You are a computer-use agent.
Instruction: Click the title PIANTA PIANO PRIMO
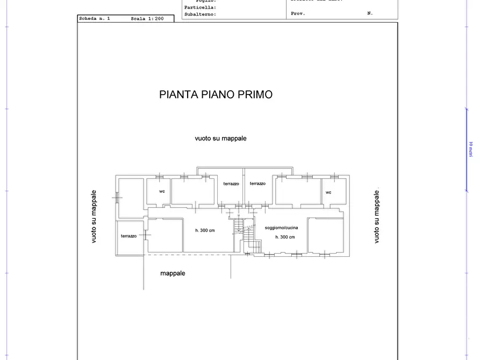(216, 95)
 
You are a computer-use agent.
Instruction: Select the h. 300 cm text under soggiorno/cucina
(285, 237)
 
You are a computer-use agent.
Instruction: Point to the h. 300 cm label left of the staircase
(205, 231)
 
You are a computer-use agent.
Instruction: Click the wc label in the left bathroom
(161, 192)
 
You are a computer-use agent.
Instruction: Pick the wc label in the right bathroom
(328, 192)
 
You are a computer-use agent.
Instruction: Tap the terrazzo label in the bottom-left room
(128, 236)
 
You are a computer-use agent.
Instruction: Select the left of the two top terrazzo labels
(231, 184)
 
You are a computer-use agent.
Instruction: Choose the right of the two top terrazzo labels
(257, 184)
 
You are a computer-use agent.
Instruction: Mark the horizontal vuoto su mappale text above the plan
(220, 138)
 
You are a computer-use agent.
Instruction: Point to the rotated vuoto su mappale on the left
(94, 217)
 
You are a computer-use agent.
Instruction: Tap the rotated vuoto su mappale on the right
(376, 217)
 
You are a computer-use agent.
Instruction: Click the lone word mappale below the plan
(173, 273)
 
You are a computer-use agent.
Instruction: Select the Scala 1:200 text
(146, 19)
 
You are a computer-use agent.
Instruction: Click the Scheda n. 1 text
(94, 19)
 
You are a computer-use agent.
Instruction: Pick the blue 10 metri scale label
(470, 149)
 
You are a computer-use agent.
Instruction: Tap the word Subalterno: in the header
(200, 15)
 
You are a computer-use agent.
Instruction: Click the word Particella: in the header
(200, 8)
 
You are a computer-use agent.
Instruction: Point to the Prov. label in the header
(298, 13)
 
